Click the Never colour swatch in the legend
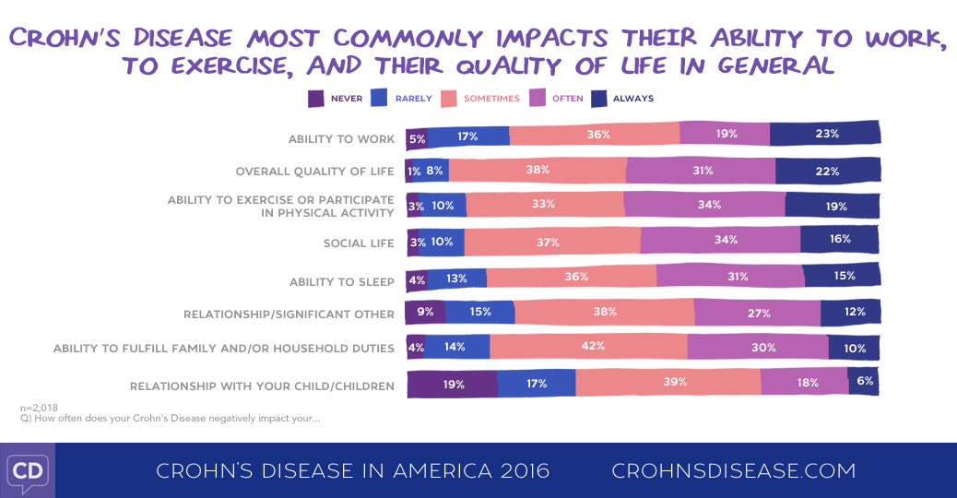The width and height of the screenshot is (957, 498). (x=315, y=98)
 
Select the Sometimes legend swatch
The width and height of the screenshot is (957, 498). (x=450, y=98)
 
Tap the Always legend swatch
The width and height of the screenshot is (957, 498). (x=598, y=98)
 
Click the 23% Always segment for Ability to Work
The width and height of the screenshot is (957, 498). (x=825, y=135)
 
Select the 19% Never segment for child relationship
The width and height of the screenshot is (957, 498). (x=452, y=383)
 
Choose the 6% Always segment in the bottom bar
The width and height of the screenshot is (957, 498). (x=863, y=381)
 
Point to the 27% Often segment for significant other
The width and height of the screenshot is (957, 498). (x=757, y=313)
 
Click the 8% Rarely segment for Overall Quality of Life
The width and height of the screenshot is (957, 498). (x=434, y=171)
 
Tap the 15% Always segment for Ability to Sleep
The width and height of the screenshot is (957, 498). (x=841, y=275)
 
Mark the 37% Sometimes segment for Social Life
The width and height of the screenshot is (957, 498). (x=551, y=242)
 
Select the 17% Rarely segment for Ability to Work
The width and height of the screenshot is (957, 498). (x=468, y=136)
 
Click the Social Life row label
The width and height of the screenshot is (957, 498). (x=359, y=243)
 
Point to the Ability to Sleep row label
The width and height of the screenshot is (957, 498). (x=342, y=281)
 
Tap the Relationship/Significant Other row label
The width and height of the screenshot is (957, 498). (x=289, y=314)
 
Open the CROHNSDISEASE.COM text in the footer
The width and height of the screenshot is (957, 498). (x=733, y=470)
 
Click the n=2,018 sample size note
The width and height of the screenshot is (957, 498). (x=38, y=407)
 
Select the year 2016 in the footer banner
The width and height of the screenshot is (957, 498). (x=519, y=470)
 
